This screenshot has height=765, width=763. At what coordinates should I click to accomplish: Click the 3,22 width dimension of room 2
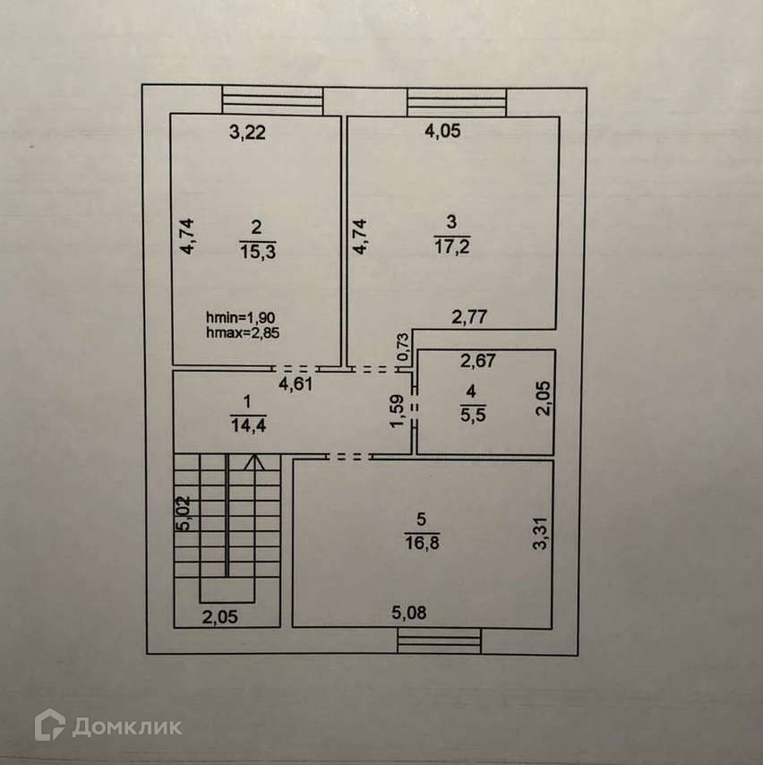[x=248, y=133]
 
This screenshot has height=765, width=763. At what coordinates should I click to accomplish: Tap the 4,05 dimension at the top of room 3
[x=442, y=133]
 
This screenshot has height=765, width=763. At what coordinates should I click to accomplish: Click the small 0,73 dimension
[x=403, y=347]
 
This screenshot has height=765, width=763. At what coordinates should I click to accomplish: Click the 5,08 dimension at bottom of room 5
[x=410, y=614]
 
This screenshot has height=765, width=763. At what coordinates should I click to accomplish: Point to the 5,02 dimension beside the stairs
[x=183, y=514]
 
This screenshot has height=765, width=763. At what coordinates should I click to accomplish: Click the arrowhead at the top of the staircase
[x=254, y=462]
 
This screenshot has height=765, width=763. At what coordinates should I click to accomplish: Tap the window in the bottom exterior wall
[x=439, y=640]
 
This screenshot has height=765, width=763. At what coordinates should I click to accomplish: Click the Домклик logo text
[x=126, y=726]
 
